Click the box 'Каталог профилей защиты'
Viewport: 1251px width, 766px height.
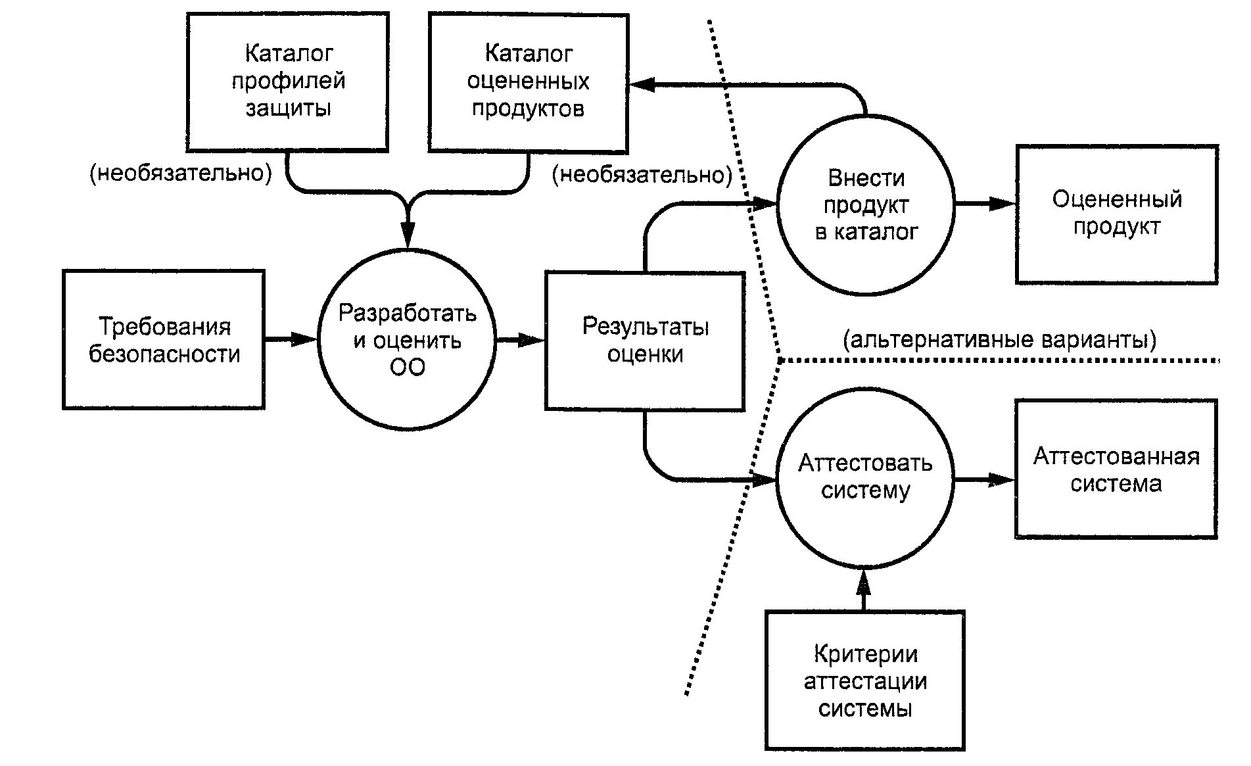point(288,82)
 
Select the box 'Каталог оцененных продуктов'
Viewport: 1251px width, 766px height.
point(528,82)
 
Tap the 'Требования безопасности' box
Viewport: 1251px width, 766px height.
point(164,339)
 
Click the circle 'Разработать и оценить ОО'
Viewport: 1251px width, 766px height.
point(407,339)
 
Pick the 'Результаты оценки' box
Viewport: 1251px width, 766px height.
point(645,341)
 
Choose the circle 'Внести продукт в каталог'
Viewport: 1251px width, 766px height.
point(865,204)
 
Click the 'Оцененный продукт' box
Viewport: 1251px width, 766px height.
point(1116,214)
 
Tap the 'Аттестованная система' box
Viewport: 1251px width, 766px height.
point(1116,469)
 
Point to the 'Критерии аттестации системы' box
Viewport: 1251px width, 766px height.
point(865,681)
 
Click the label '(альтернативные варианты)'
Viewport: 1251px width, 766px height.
point(999,340)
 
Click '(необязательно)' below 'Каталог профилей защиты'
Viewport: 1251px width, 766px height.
point(181,174)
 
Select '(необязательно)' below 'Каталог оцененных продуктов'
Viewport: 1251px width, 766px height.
point(642,176)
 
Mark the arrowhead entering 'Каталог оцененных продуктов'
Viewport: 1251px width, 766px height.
point(641,84)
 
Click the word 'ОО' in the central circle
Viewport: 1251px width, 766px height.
point(408,368)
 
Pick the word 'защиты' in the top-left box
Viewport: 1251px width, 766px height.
point(288,108)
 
